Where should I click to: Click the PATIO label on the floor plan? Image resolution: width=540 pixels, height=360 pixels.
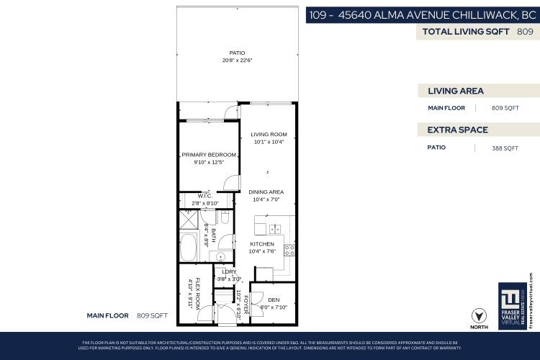coord(237,53)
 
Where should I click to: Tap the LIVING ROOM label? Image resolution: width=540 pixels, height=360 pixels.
coord(269,134)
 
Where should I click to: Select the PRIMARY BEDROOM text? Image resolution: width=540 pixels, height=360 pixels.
coord(209,155)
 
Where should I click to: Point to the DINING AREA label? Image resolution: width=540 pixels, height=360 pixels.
coord(266,192)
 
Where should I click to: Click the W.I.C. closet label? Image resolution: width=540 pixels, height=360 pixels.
coord(204,196)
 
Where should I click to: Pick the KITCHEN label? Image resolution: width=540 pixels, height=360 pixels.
coord(261,244)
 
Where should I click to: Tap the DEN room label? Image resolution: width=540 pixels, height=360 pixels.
coord(273,300)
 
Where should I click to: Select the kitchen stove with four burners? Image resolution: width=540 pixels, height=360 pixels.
coord(289,251)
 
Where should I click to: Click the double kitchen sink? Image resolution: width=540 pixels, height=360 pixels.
coord(275,230)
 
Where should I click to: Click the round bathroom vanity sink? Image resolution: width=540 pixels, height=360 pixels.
coord(221,256)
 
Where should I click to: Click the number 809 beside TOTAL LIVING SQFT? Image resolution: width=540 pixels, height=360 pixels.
coord(525,32)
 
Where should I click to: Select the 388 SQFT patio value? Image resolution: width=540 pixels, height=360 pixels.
coord(504,148)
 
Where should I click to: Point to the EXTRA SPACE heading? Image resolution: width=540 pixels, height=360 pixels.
coord(458,130)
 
